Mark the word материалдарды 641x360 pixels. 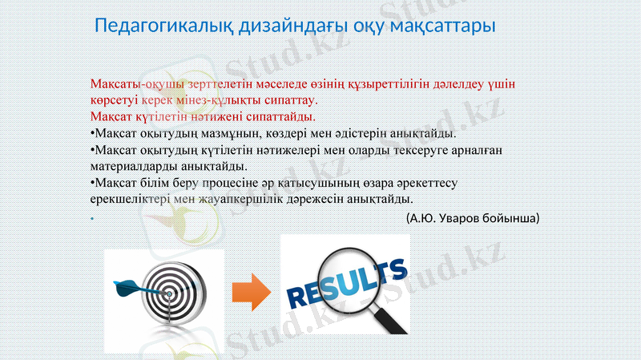pos(133,167)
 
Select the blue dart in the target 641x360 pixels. pos(132,285)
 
